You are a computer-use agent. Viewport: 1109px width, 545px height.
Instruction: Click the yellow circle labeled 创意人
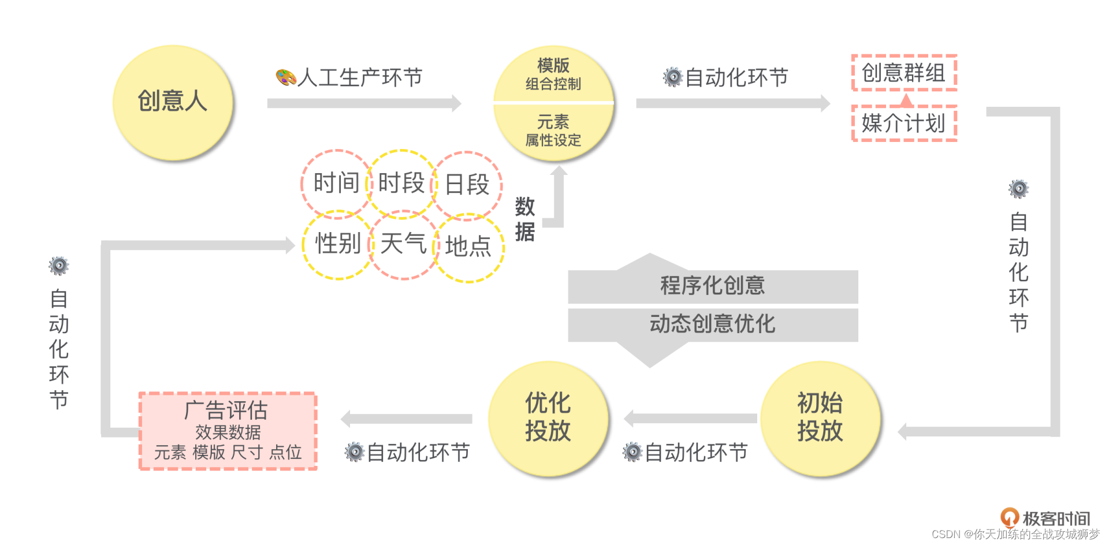click(173, 102)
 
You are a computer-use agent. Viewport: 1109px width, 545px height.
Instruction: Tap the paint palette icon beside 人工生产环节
click(285, 77)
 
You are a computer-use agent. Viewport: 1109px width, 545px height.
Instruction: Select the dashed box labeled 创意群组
click(904, 73)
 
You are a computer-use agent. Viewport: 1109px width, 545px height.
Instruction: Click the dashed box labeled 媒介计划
click(904, 124)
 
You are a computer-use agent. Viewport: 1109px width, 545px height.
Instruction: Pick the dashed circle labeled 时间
click(336, 184)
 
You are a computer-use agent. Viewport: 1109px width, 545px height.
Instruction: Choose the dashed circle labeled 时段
click(401, 183)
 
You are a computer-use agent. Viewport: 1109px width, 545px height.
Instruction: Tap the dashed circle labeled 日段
click(467, 185)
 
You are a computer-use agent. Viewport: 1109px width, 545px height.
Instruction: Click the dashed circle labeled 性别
click(338, 244)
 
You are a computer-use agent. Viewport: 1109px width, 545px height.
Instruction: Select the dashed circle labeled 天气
click(403, 244)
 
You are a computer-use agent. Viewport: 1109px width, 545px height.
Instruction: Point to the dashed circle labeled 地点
click(468, 247)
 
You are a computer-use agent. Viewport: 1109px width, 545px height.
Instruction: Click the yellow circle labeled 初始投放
click(820, 418)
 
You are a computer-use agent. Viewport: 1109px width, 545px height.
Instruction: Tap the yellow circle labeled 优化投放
click(548, 418)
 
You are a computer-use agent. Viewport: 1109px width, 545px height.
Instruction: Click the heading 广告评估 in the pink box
click(226, 410)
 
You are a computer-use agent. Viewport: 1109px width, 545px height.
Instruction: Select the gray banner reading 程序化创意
click(713, 286)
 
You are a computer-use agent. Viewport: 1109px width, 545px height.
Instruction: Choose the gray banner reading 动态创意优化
click(713, 324)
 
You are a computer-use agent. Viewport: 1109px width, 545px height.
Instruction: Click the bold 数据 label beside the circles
click(524, 219)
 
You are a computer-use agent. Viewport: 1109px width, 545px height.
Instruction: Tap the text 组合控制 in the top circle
click(553, 84)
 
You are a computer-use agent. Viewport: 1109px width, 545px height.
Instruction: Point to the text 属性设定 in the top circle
click(553, 140)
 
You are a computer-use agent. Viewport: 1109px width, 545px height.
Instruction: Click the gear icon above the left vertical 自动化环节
click(59, 266)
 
